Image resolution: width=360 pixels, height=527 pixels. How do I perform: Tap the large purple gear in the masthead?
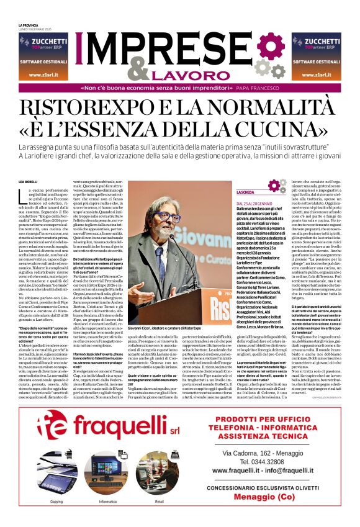[271, 47]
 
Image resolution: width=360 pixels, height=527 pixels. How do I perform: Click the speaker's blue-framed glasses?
[166, 217]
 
